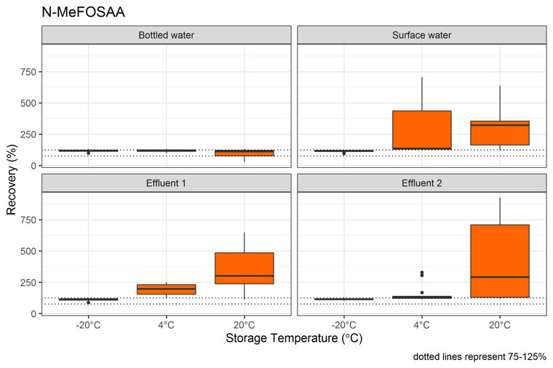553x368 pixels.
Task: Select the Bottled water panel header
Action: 166,35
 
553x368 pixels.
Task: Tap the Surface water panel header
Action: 421,35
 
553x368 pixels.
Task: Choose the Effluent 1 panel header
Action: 166,183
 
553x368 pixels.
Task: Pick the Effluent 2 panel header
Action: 421,183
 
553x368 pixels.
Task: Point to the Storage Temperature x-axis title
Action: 293,338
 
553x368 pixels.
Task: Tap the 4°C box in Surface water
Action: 421,130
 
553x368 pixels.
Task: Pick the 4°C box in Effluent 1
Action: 166,289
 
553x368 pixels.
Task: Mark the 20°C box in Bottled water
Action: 244,153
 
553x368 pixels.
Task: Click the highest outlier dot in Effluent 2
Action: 421,273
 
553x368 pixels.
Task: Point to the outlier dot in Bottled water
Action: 88,153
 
